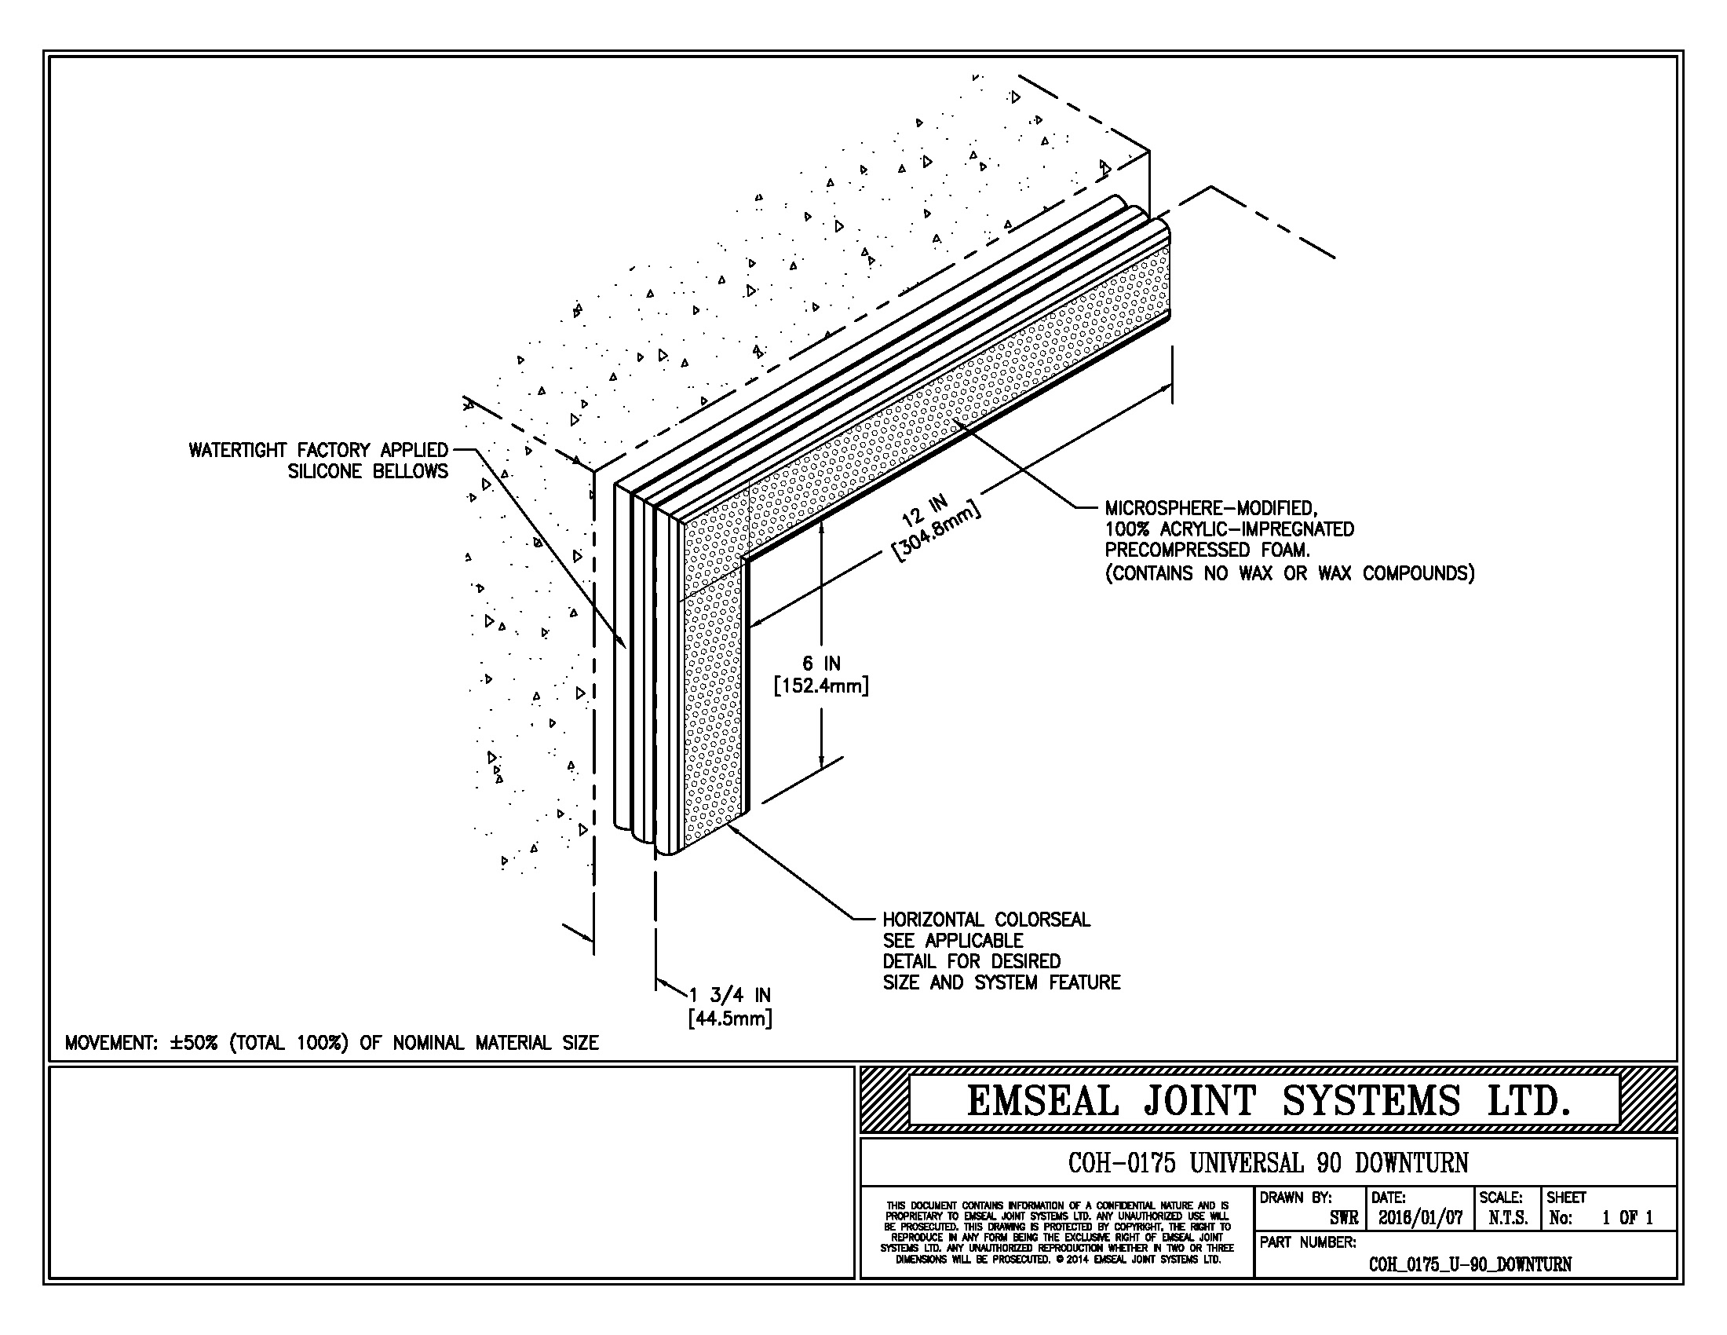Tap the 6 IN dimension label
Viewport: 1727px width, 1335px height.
tap(821, 663)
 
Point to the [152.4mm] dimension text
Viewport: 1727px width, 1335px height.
tap(821, 685)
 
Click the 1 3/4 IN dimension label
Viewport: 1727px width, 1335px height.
tap(730, 995)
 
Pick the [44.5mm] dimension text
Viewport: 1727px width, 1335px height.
tap(730, 1018)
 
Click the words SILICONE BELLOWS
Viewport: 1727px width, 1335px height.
tap(367, 471)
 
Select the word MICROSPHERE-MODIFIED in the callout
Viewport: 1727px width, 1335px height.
tap(1210, 508)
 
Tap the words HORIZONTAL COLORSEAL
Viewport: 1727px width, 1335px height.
tap(986, 920)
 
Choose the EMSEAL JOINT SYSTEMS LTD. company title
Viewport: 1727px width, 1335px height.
tap(1268, 1101)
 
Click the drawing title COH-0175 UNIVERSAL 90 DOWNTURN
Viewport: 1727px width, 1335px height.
tap(1268, 1162)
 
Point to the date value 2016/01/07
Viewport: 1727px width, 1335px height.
tap(1420, 1218)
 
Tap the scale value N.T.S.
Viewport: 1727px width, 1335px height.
tap(1507, 1218)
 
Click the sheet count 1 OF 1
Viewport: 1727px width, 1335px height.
tap(1627, 1218)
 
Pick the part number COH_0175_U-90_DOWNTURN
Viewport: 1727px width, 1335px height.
tap(1470, 1264)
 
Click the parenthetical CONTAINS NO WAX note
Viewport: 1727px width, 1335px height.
tap(1289, 573)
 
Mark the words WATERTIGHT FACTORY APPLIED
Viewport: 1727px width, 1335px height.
tap(318, 450)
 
